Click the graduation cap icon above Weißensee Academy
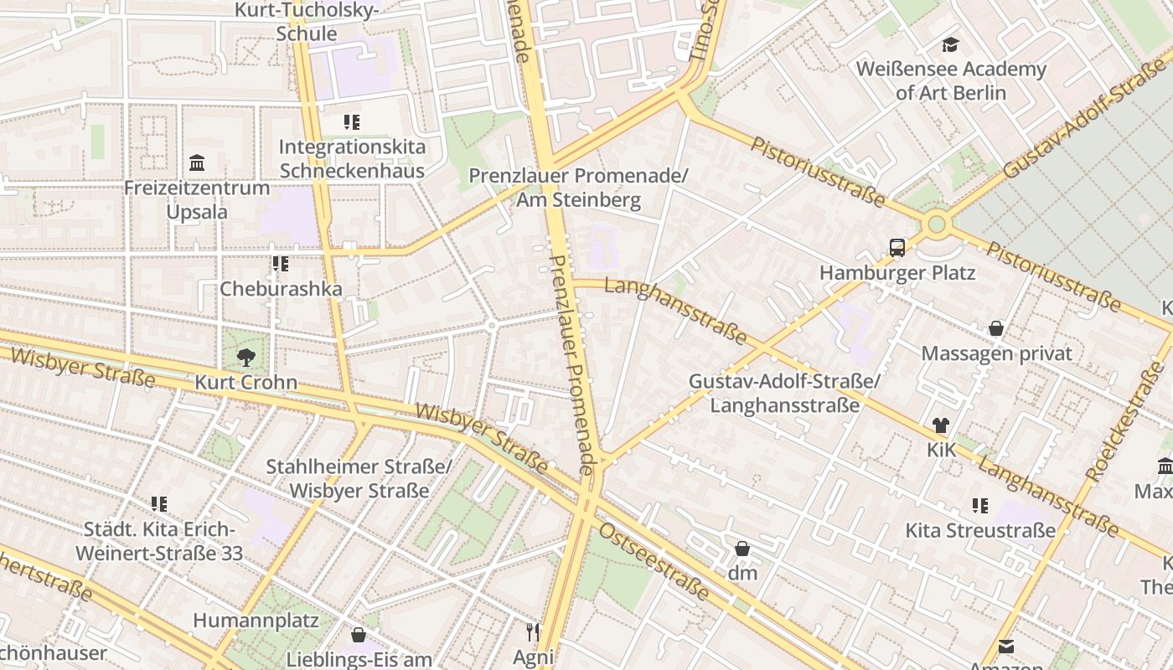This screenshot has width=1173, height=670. coord(950,44)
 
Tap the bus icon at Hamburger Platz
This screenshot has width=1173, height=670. coord(897,248)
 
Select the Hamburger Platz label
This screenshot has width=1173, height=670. coord(897,273)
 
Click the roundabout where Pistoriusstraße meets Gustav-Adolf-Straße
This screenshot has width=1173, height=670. coord(936,224)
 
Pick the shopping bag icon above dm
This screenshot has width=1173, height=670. coord(742,549)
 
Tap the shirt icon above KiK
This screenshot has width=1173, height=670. coord(940,425)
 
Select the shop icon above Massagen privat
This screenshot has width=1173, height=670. coord(995,328)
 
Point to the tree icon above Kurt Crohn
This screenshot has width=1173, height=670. coord(245,358)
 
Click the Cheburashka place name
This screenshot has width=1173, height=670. coord(281,289)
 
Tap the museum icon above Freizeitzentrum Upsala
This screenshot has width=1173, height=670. coord(197,162)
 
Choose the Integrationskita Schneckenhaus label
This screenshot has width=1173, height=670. coord(352,158)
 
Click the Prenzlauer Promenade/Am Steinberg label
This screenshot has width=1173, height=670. coord(578,188)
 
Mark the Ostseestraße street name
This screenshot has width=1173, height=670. coord(654,562)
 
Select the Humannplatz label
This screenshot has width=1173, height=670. coord(256,621)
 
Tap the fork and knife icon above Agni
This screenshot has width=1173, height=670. coord(533,631)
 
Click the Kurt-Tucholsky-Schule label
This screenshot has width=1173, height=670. coord(307,22)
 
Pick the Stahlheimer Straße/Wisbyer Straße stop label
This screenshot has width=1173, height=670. coord(359,478)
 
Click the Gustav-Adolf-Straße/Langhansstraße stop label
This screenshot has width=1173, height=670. coord(784,393)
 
